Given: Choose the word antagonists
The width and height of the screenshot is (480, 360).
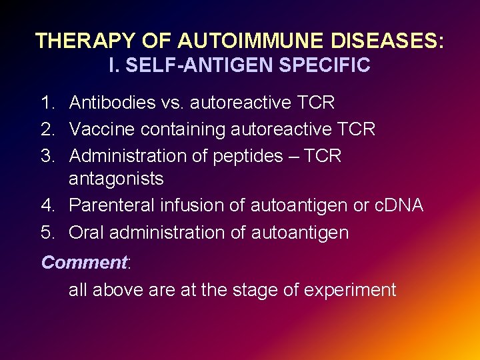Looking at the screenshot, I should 116,179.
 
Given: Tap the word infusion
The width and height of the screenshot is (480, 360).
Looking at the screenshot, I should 192,205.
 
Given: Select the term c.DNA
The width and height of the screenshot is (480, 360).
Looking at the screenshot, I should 398,205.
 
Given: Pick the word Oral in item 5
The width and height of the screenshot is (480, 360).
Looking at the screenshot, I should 86,232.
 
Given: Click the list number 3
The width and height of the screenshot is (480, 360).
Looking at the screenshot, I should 47,156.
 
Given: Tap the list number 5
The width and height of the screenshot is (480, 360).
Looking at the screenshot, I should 47,232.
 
